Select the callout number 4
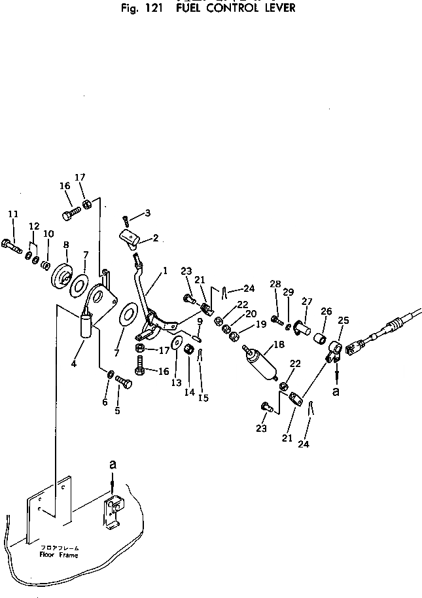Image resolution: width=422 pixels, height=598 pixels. click(x=74, y=363)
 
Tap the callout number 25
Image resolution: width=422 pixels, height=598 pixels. click(x=343, y=320)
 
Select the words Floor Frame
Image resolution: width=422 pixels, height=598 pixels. click(x=58, y=555)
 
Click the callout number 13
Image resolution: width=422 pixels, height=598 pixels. click(x=176, y=382)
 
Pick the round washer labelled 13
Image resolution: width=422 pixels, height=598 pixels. click(x=177, y=343)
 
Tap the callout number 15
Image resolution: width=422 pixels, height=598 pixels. click(x=204, y=397)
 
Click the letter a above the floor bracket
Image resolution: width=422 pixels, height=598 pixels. click(x=113, y=463)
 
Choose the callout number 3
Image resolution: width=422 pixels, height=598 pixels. click(x=148, y=213)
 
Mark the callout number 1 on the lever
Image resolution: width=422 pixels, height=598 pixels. click(x=166, y=270)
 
